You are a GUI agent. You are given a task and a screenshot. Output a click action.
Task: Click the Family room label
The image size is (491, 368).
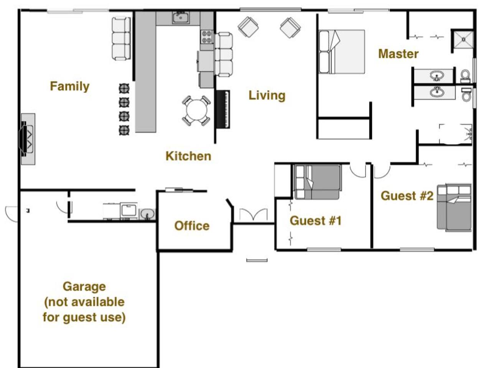(69, 87)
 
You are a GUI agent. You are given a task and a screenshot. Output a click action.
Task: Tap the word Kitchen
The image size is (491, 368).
(188, 156)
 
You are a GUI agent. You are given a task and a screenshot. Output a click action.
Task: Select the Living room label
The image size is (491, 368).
(267, 95)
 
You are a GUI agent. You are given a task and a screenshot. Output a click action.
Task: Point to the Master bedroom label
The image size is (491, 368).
(399, 54)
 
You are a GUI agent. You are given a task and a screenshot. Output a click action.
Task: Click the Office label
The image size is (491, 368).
(192, 226)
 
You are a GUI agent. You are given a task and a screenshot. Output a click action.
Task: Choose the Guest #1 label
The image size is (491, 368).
(316, 221)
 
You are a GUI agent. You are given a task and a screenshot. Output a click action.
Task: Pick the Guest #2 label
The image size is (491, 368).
(407, 196)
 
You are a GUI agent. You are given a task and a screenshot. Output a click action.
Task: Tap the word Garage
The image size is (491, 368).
(84, 287)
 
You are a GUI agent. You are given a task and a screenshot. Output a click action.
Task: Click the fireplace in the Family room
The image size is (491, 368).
(28, 139)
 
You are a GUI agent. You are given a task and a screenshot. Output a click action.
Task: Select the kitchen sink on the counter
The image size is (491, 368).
(181, 18)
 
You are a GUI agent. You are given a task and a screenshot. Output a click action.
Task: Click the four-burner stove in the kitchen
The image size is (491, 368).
(206, 37)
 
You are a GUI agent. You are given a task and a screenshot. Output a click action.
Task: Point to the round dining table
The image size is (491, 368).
(196, 110)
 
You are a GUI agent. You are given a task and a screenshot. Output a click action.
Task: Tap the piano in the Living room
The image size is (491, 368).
(223, 109)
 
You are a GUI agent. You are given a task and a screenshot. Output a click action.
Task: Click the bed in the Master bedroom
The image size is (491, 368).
(341, 52)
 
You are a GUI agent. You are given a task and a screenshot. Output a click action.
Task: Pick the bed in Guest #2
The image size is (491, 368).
(454, 207)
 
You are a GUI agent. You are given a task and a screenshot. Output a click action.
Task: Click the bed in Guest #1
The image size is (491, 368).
(318, 182)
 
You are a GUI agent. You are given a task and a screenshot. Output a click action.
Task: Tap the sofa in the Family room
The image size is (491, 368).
(121, 39)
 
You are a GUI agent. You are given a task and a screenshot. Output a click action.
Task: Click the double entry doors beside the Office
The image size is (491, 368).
(254, 215)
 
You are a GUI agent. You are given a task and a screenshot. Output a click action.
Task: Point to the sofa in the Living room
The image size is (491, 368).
(224, 54)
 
